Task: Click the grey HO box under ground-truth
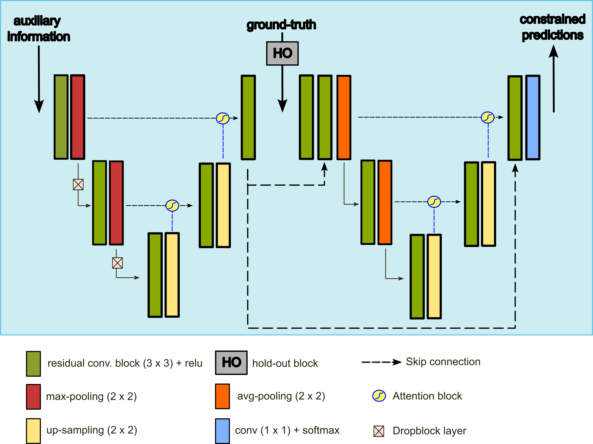pyautogui.click(x=282, y=53)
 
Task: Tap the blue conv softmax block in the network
pyautogui.click(x=533, y=117)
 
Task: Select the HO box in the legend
pyautogui.click(x=231, y=363)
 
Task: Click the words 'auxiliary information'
pyautogui.click(x=38, y=29)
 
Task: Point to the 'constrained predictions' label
pyautogui.click(x=552, y=27)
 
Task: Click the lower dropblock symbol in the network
pyautogui.click(x=117, y=263)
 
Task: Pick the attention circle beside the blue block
pyautogui.click(x=488, y=117)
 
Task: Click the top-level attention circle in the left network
pyautogui.click(x=223, y=118)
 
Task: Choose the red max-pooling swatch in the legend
pyautogui.click(x=34, y=397)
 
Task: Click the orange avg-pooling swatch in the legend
pyautogui.click(x=222, y=396)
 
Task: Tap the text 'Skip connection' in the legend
pyautogui.click(x=443, y=362)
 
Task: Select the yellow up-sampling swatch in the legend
pyautogui.click(x=34, y=431)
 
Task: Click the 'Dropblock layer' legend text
pyautogui.click(x=429, y=431)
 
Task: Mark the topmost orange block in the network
pyautogui.click(x=344, y=117)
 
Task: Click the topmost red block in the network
pyautogui.click(x=78, y=117)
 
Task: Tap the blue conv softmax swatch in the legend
pyautogui.click(x=222, y=431)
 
